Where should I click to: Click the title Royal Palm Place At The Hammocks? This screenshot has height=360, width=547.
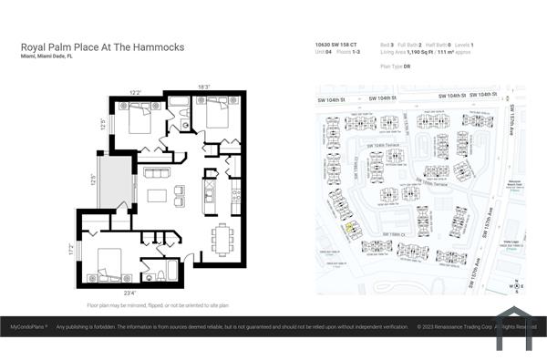pos(102,46)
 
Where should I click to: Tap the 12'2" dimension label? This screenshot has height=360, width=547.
pos(134,92)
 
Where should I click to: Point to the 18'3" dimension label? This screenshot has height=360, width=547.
pos(204,87)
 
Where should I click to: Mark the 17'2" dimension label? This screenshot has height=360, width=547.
pos(70,247)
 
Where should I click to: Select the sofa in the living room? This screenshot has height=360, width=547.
pos(157,172)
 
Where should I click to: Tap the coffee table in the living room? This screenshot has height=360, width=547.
pos(158,194)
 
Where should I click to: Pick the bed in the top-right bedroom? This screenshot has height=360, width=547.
pos(217,114)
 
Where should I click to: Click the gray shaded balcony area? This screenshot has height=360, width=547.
pos(116,181)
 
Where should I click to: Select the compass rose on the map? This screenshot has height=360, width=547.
pos(517,286)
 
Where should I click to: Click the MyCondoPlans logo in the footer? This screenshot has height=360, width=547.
pos(28,326)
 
